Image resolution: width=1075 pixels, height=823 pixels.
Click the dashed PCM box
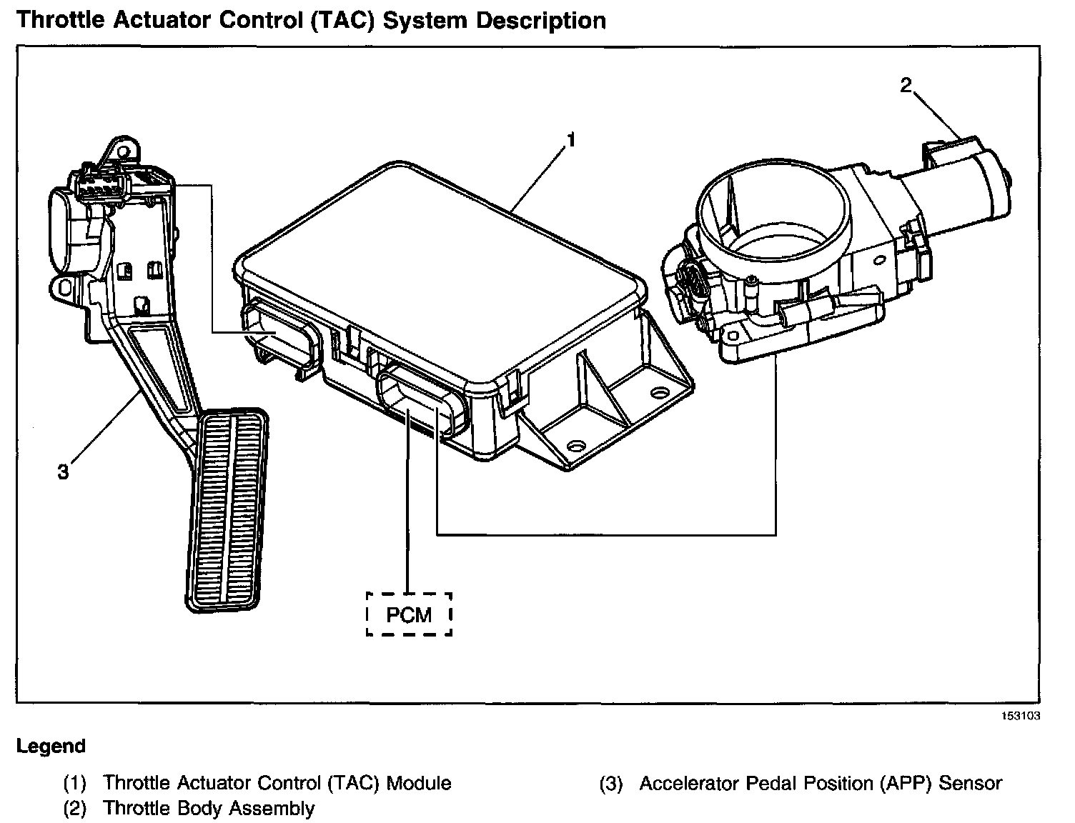point(409,614)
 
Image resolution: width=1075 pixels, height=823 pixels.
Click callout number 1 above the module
point(570,141)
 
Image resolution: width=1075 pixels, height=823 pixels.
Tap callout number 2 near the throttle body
point(906,86)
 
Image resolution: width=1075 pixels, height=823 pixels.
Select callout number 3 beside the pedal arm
point(64,472)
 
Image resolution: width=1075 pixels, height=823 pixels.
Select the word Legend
point(51,747)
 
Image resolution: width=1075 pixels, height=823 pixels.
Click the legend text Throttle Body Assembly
point(209,809)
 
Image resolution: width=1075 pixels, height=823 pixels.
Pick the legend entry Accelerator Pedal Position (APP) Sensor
point(821,783)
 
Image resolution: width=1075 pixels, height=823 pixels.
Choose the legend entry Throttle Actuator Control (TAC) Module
point(277,783)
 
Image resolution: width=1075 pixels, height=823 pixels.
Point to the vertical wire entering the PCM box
point(407,514)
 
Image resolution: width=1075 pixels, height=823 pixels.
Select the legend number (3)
point(612,784)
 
